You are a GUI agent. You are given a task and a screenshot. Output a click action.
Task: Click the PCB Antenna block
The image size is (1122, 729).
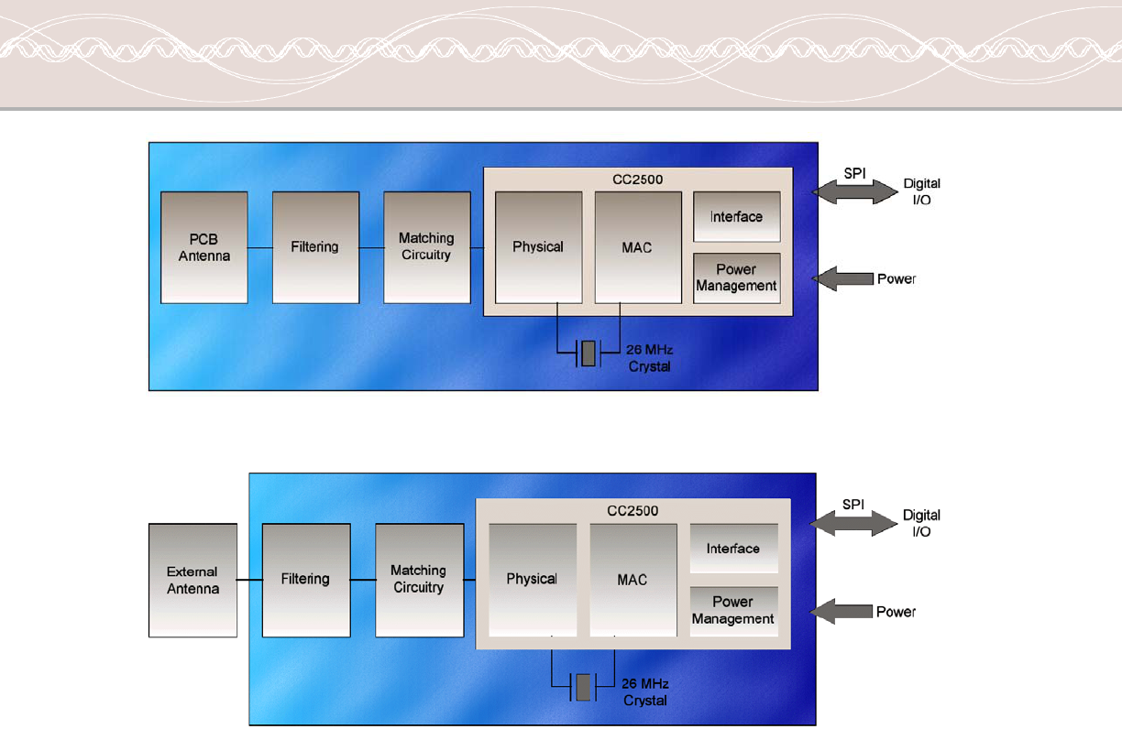point(203,247)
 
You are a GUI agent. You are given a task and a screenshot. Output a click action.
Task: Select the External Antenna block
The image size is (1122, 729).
point(192,580)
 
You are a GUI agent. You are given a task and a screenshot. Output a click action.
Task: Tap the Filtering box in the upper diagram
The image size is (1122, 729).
point(315,247)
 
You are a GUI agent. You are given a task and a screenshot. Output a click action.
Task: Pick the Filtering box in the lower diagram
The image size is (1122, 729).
point(305,580)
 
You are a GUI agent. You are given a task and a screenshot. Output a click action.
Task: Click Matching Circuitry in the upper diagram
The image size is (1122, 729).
point(426,247)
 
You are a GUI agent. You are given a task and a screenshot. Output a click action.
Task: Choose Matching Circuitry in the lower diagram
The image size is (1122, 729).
point(419,580)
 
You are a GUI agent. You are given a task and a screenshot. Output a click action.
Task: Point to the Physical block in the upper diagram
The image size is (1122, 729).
point(538,247)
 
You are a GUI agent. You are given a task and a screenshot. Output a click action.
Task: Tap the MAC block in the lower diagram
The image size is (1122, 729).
point(632,580)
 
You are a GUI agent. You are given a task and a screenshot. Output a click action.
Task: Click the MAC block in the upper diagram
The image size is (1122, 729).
point(637,247)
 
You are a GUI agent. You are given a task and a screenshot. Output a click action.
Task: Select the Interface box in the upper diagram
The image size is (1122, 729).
point(736,217)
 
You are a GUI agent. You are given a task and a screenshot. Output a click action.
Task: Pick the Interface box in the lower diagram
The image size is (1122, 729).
point(733,549)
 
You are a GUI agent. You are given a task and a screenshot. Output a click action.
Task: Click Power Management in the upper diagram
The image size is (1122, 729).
point(736,277)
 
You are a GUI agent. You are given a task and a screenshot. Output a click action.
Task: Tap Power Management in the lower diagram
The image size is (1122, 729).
point(733,611)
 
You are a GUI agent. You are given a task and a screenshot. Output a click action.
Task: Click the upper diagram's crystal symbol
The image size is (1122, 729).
point(588,354)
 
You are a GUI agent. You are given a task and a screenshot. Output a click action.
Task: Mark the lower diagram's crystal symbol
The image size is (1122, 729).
point(581,687)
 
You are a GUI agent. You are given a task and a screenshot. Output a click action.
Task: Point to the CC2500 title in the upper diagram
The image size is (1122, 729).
point(638,180)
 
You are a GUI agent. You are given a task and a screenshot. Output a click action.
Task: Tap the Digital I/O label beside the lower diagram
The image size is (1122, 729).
point(921,523)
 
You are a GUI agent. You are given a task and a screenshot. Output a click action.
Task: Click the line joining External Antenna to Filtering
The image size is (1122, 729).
point(249,580)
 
